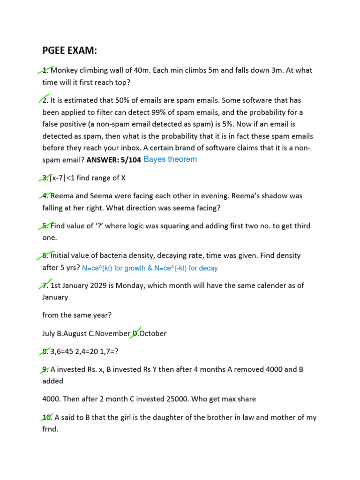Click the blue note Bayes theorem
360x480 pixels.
(x=170, y=159)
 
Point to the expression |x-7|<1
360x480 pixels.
(x=66, y=178)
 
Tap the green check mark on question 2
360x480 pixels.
(x=47, y=98)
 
